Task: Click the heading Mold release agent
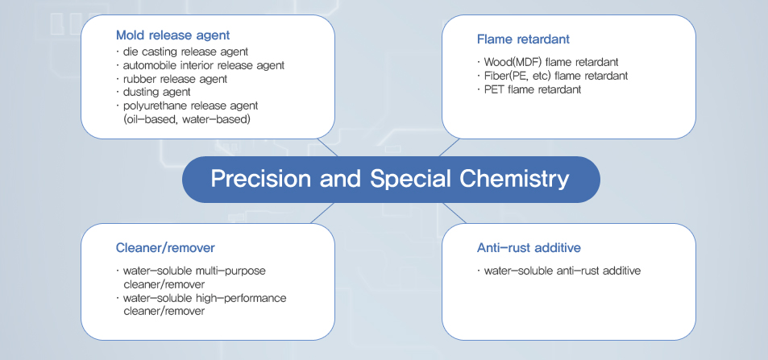click(x=173, y=35)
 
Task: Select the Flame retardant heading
click(x=523, y=39)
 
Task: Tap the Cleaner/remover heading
click(x=165, y=248)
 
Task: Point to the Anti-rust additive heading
click(x=529, y=248)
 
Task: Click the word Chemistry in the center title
click(x=514, y=179)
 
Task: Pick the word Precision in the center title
click(x=260, y=179)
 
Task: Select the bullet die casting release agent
click(x=182, y=52)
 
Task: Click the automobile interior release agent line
click(x=201, y=65)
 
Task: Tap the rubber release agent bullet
click(x=172, y=78)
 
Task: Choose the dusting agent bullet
click(x=153, y=92)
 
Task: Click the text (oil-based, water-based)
click(x=187, y=119)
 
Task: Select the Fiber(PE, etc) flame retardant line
click(x=553, y=76)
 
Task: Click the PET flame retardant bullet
click(x=529, y=89)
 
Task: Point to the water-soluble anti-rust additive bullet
click(x=558, y=271)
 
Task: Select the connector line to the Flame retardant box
click(x=449, y=147)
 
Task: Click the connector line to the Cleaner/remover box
click(x=322, y=213)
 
